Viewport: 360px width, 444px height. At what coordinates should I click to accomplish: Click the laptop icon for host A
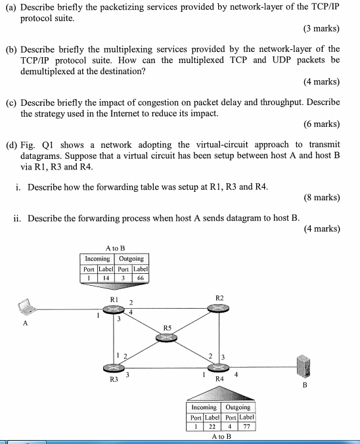[x=27, y=307]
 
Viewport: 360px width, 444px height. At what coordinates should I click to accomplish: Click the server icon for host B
[x=304, y=366]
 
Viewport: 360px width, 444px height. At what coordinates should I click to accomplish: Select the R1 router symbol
[x=114, y=309]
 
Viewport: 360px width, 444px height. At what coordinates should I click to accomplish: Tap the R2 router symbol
[x=218, y=308]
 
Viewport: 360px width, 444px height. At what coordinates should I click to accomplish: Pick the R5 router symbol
[x=167, y=338]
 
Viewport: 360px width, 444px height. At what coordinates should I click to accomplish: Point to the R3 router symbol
[x=114, y=368]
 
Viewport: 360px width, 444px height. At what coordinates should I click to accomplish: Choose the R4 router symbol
[x=218, y=368]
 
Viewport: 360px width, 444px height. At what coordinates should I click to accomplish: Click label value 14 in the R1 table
[x=106, y=278]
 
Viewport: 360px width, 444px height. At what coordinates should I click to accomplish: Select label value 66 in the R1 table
[x=141, y=278]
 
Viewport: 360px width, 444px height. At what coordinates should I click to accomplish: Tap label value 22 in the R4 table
[x=212, y=426]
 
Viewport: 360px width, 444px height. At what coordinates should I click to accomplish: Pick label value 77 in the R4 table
[x=247, y=426]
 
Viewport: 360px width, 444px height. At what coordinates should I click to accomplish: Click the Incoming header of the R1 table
[x=97, y=259]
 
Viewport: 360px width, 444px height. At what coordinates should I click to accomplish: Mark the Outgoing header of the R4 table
[x=238, y=407]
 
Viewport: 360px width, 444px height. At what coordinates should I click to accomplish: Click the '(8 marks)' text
[x=322, y=197]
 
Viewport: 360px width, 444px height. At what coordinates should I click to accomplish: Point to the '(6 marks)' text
[x=322, y=123]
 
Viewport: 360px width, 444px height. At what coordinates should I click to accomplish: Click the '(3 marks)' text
[x=321, y=28]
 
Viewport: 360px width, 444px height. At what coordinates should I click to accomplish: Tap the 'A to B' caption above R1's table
[x=115, y=248]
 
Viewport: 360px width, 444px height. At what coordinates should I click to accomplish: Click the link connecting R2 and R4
[x=218, y=338]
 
